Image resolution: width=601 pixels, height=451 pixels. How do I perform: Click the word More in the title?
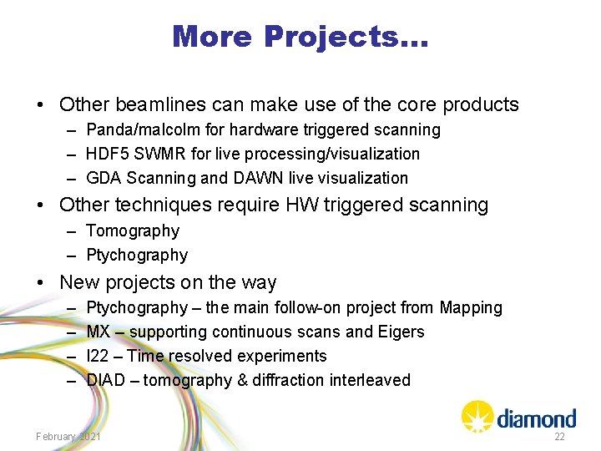(213, 36)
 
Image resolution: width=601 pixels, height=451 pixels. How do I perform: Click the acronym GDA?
(104, 178)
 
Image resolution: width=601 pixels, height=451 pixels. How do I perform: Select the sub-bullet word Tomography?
(133, 231)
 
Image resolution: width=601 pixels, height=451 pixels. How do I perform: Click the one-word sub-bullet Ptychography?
(137, 255)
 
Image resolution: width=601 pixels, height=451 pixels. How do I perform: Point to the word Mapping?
(472, 307)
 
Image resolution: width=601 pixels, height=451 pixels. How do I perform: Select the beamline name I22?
(98, 356)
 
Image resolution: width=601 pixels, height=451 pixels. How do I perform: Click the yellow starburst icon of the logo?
(477, 415)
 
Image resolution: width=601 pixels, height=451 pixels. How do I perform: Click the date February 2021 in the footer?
(68, 437)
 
